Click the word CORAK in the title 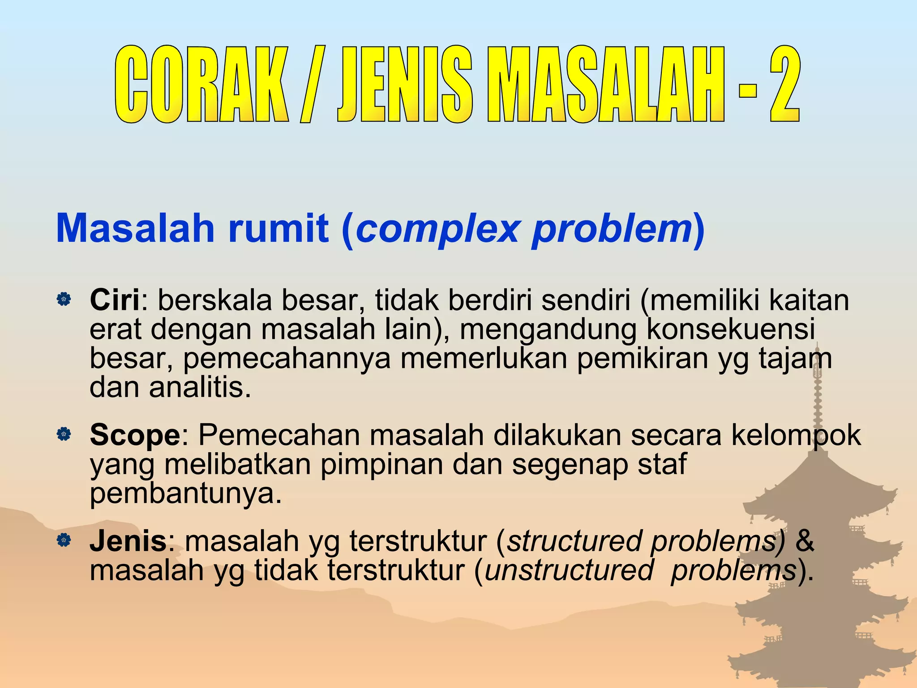tap(201, 84)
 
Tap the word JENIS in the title tap(404, 84)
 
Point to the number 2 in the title tap(784, 84)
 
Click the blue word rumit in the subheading tap(278, 228)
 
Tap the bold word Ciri tap(115, 300)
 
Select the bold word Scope tap(135, 435)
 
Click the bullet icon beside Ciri tap(64, 299)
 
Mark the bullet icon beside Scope tap(64, 434)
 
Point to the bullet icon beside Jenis tap(64, 540)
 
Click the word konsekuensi tap(730, 329)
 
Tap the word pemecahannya tap(287, 359)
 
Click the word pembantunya tap(186, 494)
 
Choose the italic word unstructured tap(569, 570)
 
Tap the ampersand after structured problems tap(804, 541)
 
